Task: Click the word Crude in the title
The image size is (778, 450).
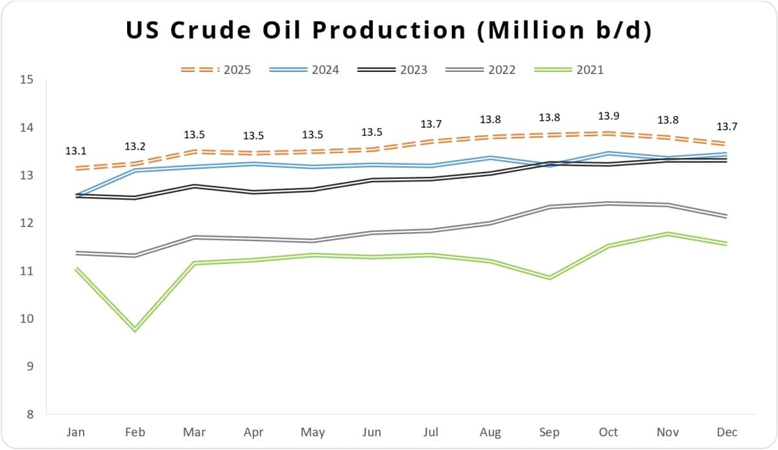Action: tap(211, 30)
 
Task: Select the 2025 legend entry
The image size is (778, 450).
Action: tap(216, 70)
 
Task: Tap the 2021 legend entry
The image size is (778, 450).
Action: tap(569, 70)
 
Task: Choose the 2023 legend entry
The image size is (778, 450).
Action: tap(392, 70)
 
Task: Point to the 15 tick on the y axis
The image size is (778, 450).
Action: tap(27, 80)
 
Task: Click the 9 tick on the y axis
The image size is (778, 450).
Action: tap(30, 366)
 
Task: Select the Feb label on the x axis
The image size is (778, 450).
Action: tap(135, 432)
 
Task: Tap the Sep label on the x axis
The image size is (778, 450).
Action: tap(549, 432)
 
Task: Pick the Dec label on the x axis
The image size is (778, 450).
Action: tap(727, 432)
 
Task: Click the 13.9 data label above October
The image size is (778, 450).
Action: tap(609, 115)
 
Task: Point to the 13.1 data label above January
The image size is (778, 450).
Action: tap(76, 151)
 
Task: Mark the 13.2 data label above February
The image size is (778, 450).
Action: tap(135, 147)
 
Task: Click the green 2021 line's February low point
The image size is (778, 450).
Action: tap(135, 329)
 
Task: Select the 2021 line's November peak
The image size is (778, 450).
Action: tap(668, 233)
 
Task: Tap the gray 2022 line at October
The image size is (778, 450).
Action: tap(609, 204)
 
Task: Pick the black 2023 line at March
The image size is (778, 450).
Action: tap(194, 186)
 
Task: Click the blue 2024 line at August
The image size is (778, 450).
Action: tap(490, 158)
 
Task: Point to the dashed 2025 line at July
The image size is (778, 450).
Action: tap(431, 141)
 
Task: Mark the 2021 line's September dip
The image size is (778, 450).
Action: tap(550, 278)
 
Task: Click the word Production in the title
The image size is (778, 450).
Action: tap(389, 30)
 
